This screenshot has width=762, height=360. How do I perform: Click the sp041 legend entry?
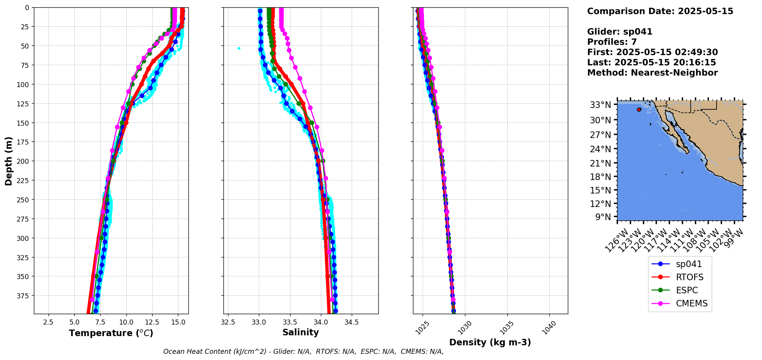point(688,264)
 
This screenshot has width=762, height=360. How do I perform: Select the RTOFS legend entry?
point(689,277)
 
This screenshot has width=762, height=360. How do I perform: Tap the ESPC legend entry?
point(686,290)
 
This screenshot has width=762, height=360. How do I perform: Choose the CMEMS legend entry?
point(692,303)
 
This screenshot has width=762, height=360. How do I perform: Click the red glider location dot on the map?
point(639,109)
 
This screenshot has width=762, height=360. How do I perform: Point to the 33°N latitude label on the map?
point(600,105)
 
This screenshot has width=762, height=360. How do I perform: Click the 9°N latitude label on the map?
point(603,217)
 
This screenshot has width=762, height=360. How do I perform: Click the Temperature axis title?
point(111,333)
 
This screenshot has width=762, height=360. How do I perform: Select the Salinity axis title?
point(300,332)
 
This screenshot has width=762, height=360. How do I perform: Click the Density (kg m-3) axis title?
point(490,342)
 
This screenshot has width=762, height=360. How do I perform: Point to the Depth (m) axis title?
point(9,161)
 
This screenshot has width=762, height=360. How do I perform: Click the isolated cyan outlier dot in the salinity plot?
point(239,48)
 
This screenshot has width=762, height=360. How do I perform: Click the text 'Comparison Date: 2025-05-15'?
point(660,11)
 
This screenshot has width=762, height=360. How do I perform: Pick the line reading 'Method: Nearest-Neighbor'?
point(652,73)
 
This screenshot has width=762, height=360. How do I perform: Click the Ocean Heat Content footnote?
point(303,352)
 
